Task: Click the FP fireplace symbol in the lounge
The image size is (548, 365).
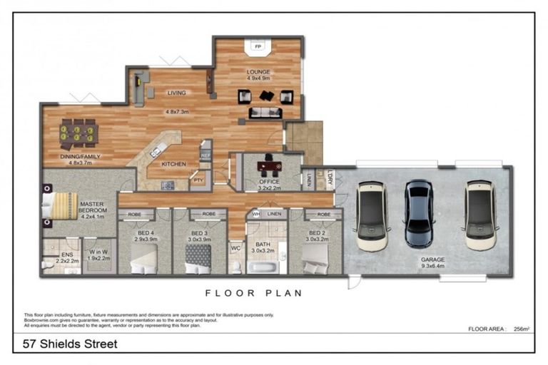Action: [258, 46]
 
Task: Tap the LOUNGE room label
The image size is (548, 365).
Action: [258, 72]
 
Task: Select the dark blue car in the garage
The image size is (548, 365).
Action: [418, 212]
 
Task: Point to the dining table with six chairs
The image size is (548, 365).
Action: [79, 133]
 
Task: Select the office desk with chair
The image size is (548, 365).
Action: [268, 167]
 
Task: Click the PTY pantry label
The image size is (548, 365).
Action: [198, 181]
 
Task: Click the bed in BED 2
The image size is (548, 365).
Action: [314, 266]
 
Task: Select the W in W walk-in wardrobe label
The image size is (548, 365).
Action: [98, 252]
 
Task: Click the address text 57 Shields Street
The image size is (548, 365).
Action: [66, 344]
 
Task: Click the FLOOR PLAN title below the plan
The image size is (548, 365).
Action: [253, 293]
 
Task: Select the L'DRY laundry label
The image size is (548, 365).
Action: [330, 178]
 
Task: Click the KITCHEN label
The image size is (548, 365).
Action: [173, 164]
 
